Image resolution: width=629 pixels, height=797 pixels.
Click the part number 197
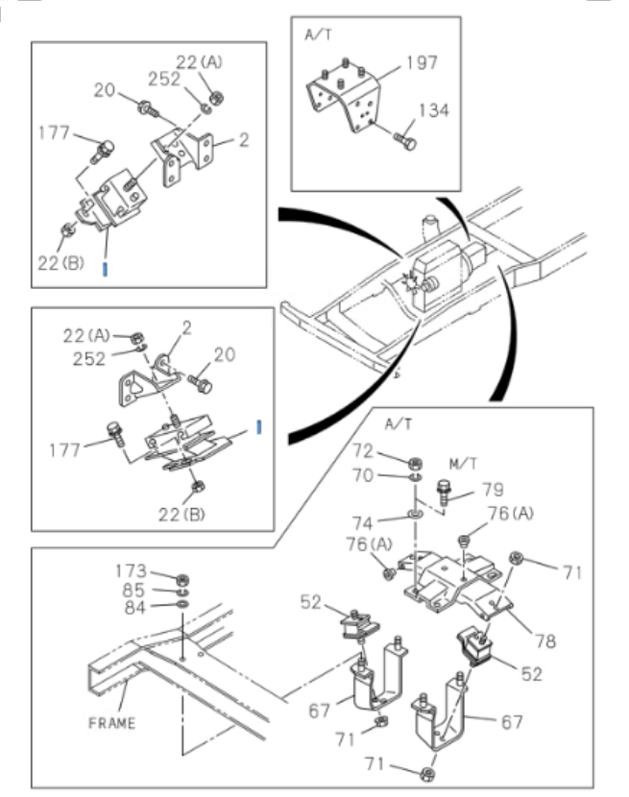422,63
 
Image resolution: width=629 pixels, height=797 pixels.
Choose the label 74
388,524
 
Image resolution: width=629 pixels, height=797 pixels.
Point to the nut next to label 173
182,579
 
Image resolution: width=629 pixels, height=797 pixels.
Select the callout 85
134,592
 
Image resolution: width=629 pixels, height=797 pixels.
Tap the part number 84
134,607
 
